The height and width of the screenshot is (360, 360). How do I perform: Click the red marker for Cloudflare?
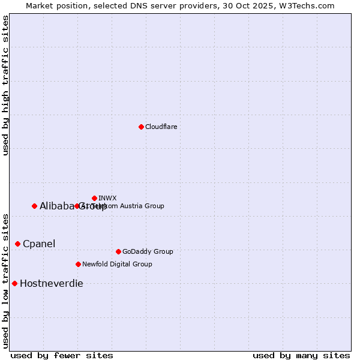141,127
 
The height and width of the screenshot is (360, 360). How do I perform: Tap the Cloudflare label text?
161,127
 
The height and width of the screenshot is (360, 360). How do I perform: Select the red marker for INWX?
94,198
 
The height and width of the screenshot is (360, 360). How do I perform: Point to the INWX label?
107,198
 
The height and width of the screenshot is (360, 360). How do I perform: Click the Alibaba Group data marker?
34,206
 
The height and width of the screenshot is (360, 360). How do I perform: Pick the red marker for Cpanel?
17,244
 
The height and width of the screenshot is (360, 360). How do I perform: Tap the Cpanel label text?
39,244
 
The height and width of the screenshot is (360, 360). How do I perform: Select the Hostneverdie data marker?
14,283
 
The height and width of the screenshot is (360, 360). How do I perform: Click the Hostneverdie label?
52,283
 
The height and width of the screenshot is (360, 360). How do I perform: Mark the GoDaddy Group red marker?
118,251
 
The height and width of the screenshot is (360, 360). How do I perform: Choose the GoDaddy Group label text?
148,251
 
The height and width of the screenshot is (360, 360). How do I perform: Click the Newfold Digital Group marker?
78,264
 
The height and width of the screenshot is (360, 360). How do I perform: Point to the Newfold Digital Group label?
117,264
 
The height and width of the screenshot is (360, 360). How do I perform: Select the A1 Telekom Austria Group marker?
77,206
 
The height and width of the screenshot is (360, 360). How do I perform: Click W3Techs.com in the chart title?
305,5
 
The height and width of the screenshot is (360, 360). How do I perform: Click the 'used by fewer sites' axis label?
62,355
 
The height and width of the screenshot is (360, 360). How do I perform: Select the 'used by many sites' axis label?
301,355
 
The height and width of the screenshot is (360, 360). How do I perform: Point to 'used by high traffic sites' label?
5,85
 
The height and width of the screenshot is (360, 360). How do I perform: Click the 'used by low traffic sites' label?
5,281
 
